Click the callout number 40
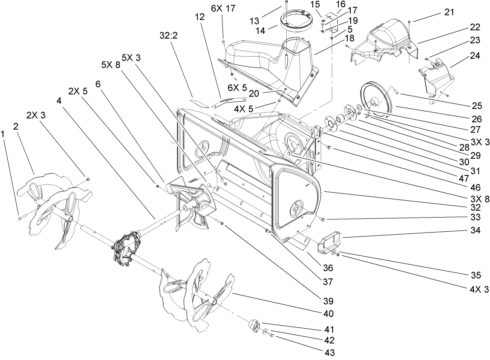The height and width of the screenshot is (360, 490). (328, 314)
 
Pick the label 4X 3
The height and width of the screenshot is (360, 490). (480, 290)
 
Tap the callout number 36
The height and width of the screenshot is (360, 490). (329, 269)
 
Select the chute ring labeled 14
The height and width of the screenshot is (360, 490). (295, 22)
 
